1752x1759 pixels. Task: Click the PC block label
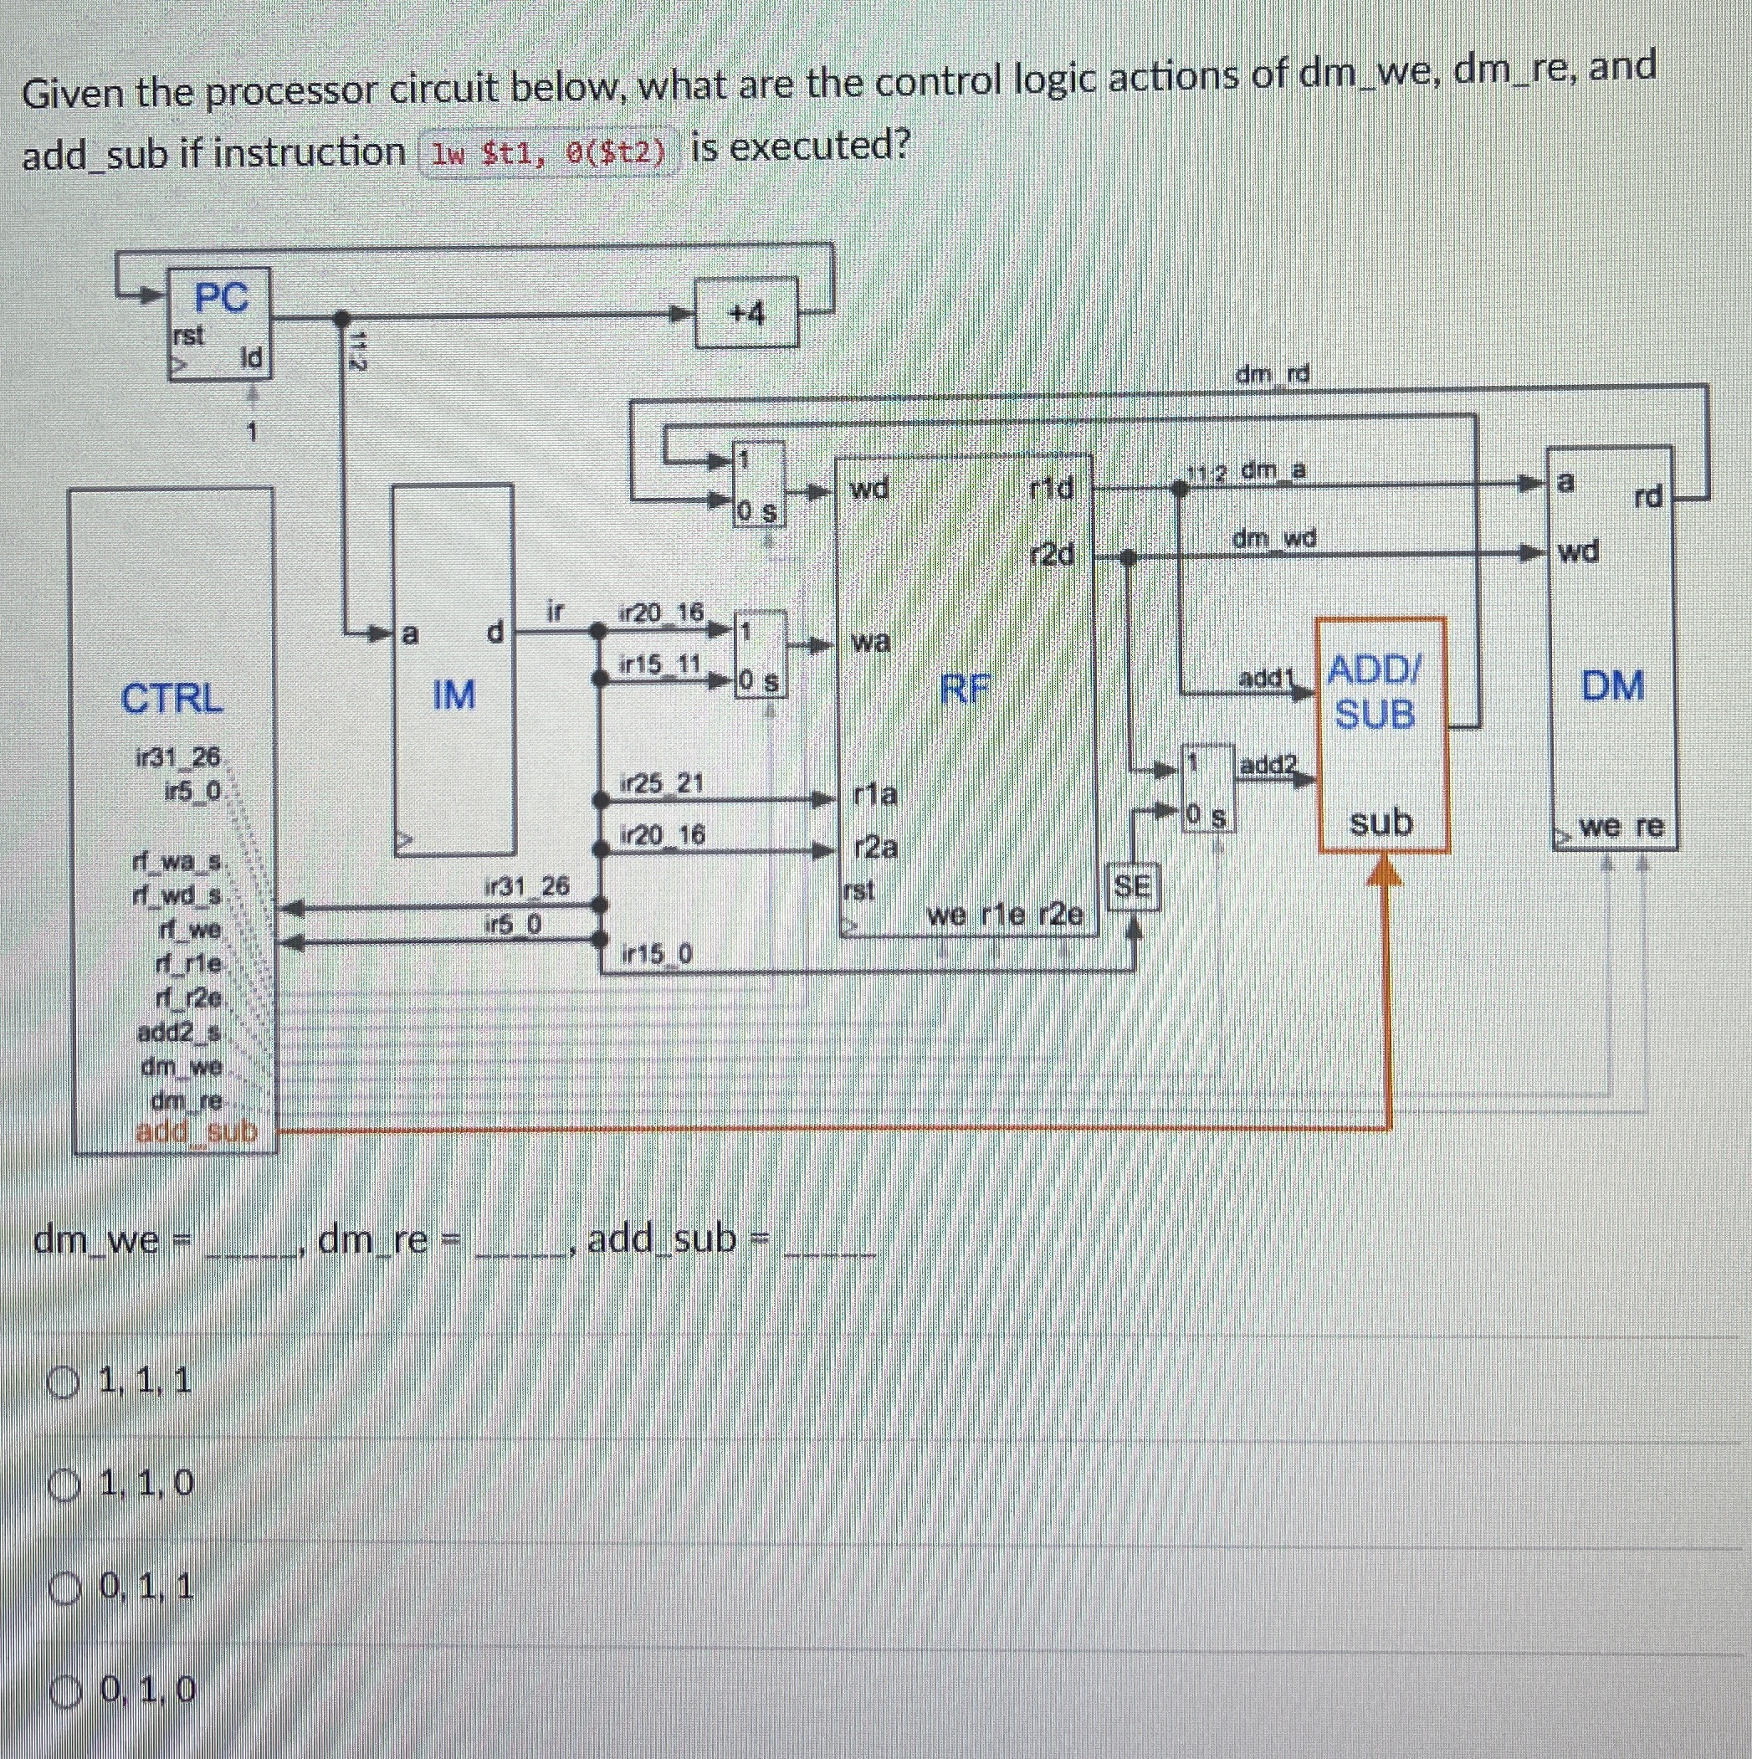click(220, 298)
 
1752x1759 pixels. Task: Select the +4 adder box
click(746, 313)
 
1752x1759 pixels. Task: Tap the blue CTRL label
click(172, 698)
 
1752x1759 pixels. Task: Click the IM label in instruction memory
click(453, 695)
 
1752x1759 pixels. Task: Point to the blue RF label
click(965, 690)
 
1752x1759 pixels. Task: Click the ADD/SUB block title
click(1375, 692)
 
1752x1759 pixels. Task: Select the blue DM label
click(1611, 685)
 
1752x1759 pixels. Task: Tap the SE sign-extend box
click(1132, 886)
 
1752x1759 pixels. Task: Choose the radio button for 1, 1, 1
click(64, 1383)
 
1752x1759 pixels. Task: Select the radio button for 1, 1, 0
click(64, 1486)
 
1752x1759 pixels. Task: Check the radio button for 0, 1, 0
click(64, 1690)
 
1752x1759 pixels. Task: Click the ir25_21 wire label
click(662, 783)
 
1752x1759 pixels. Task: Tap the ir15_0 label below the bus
click(656, 954)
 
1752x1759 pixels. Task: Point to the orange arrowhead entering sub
click(1385, 871)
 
